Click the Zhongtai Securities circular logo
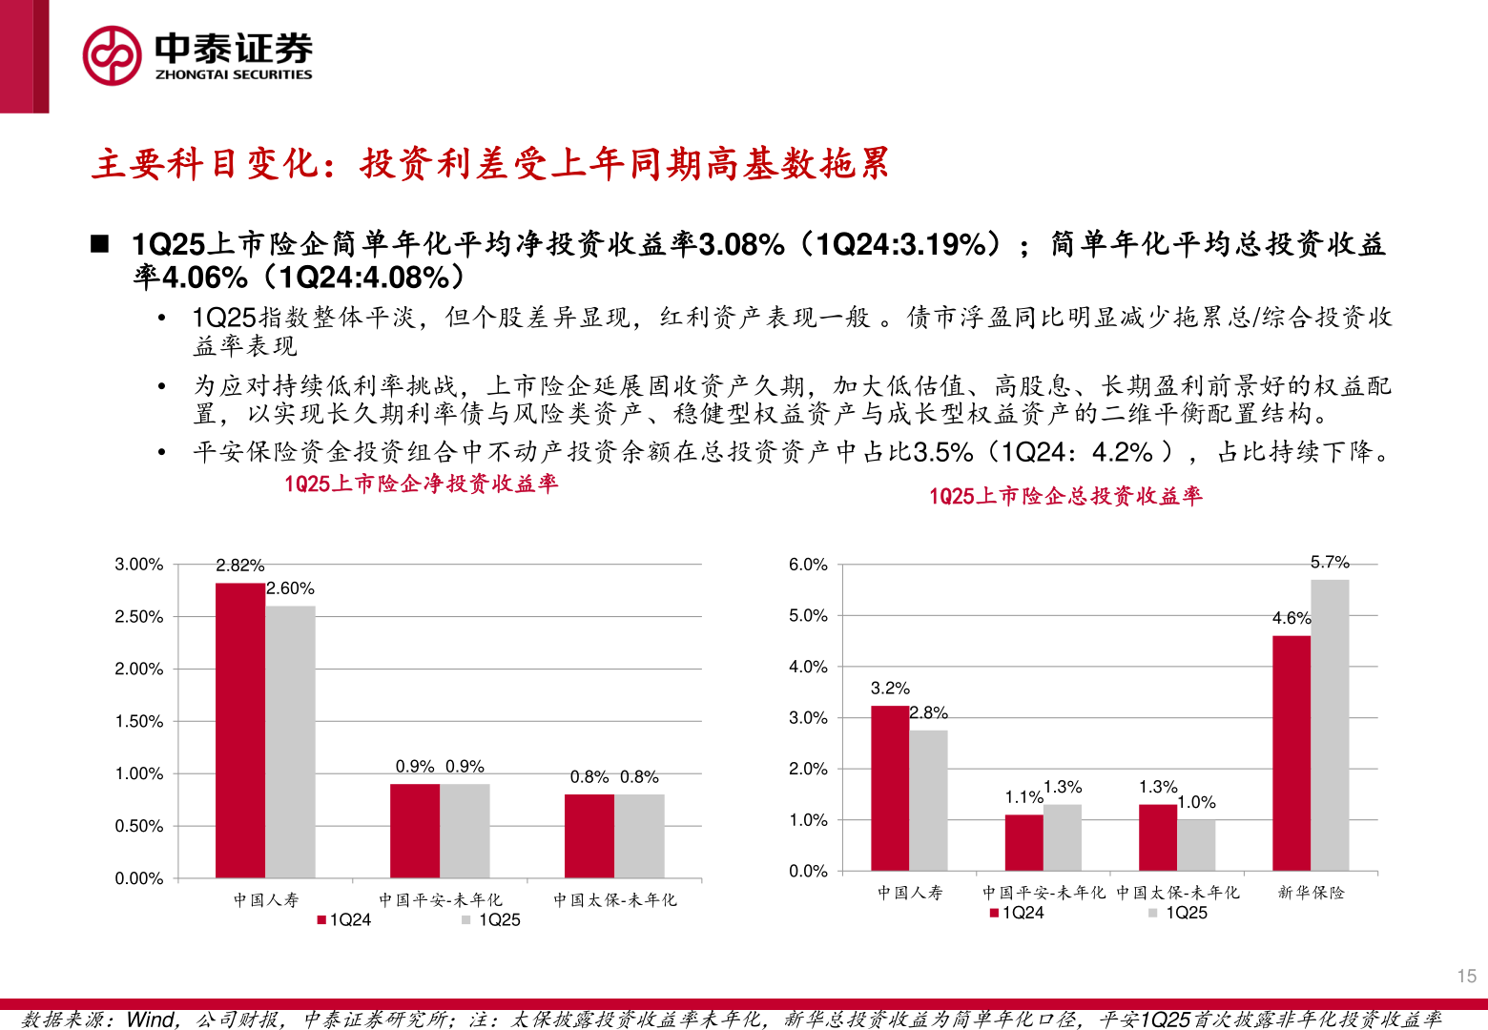click(x=112, y=55)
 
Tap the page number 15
click(x=1466, y=976)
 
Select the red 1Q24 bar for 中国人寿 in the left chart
click(x=240, y=730)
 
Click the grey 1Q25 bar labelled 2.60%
click(x=290, y=741)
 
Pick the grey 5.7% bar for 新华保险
click(x=1330, y=725)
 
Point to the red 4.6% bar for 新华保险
click(x=1291, y=752)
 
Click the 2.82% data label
click(x=240, y=566)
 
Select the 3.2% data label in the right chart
click(x=890, y=688)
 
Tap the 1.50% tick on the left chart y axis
click(x=139, y=721)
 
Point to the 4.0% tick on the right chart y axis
click(x=808, y=667)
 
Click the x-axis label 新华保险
click(x=1311, y=893)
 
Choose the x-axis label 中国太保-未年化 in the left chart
click(x=614, y=899)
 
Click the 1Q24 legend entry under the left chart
click(x=344, y=919)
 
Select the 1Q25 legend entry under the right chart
click(x=1179, y=913)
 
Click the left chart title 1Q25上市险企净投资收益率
click(x=421, y=484)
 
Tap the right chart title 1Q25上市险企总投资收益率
click(x=1065, y=496)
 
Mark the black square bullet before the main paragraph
click(x=100, y=244)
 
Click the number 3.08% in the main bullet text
click(x=741, y=245)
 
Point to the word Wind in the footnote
click(x=151, y=1020)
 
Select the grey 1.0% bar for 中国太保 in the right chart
click(x=1196, y=845)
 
